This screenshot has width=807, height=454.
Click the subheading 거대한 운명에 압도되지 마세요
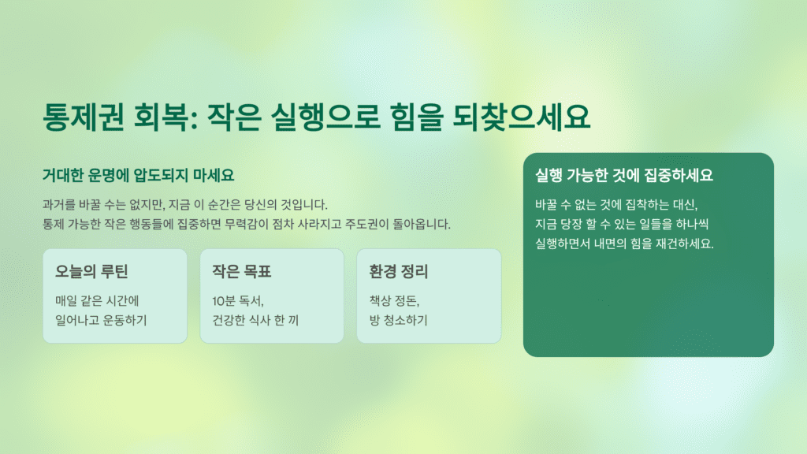138,174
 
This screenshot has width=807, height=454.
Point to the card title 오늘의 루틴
91,273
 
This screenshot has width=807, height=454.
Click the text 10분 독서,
238,300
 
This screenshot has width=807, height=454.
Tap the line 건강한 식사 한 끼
255,320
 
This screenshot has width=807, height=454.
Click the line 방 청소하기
398,320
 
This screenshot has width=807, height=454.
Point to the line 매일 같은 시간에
97,300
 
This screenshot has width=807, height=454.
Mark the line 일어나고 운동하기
101,320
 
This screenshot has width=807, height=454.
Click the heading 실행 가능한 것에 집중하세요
623,176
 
